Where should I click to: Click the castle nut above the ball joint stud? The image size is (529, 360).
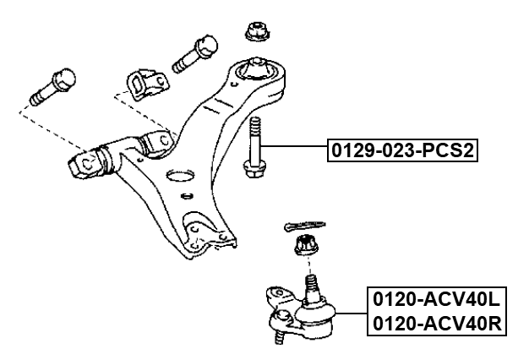point(305,247)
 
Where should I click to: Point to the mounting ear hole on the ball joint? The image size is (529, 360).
point(275,296)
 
